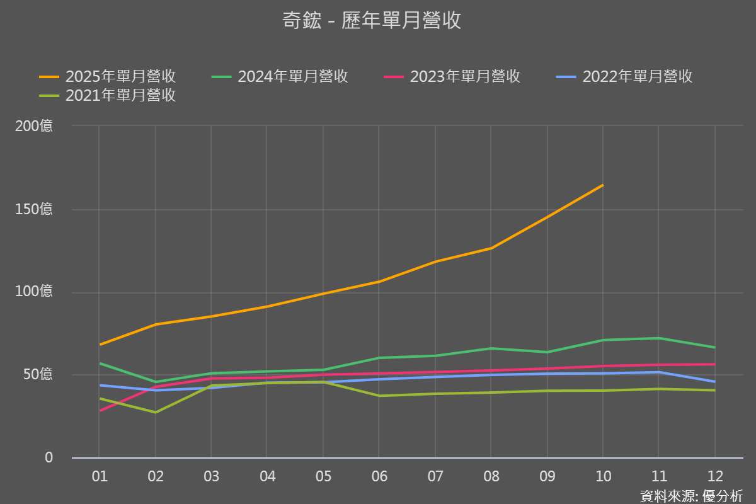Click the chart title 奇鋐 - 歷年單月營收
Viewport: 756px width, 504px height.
(372, 20)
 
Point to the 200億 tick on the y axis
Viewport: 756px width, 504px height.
(34, 126)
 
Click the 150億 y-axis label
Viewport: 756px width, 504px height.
(34, 209)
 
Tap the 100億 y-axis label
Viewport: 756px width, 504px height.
(34, 292)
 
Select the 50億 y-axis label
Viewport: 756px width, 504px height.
(38, 375)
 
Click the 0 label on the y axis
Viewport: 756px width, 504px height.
(49, 457)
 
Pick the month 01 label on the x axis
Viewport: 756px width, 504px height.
(100, 476)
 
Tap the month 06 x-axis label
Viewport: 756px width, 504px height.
(379, 476)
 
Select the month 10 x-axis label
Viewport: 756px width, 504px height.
(603, 476)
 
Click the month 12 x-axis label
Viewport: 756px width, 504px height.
(715, 476)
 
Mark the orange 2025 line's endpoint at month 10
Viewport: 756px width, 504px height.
(603, 185)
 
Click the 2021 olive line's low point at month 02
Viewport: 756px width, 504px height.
(156, 413)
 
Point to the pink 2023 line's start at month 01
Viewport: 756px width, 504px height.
(100, 411)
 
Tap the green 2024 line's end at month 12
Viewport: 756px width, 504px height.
(715, 348)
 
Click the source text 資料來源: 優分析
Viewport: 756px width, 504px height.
(691, 496)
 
